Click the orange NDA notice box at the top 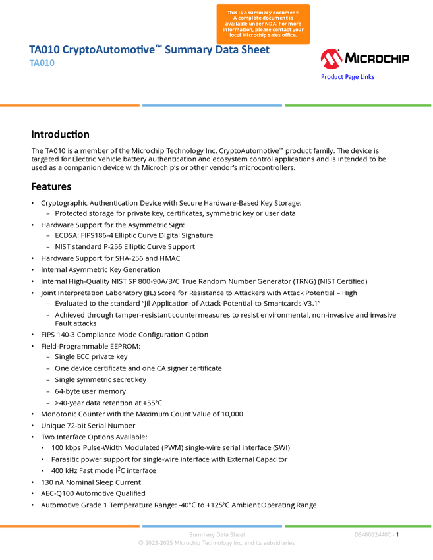click(x=263, y=24)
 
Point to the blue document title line click(x=150, y=50)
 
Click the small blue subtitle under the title click(x=42, y=63)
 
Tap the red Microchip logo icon click(x=331, y=59)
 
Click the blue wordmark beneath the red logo click(x=348, y=77)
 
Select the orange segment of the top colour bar click(x=70, y=105)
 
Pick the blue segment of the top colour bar click(x=212, y=105)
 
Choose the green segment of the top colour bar click(x=358, y=105)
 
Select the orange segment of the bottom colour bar click(x=70, y=526)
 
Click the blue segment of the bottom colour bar click(x=212, y=526)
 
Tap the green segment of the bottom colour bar click(x=358, y=526)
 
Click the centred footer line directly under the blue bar click(x=217, y=534)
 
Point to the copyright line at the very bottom click(x=216, y=544)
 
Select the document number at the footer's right click(x=374, y=534)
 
